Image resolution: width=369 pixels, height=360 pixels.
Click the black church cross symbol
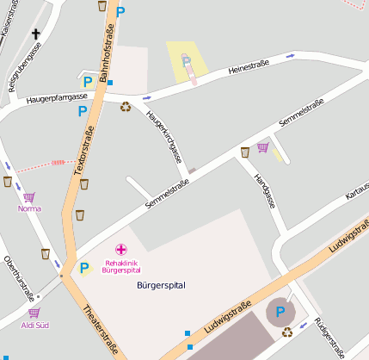36,34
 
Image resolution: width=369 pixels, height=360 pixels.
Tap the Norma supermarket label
29,208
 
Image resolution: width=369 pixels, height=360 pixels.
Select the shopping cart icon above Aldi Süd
34,313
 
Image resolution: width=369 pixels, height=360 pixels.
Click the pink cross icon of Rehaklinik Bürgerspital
120,250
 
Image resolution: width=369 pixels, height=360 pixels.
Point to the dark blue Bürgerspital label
161,284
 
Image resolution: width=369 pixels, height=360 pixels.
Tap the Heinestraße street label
249,65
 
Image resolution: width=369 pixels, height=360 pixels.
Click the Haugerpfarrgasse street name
63,97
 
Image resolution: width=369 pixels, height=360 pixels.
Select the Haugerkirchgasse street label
164,137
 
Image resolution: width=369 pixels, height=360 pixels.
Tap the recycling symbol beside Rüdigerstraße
287,332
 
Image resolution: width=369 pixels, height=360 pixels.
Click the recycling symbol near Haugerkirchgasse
126,108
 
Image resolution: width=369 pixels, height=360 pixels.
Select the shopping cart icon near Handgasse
262,147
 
